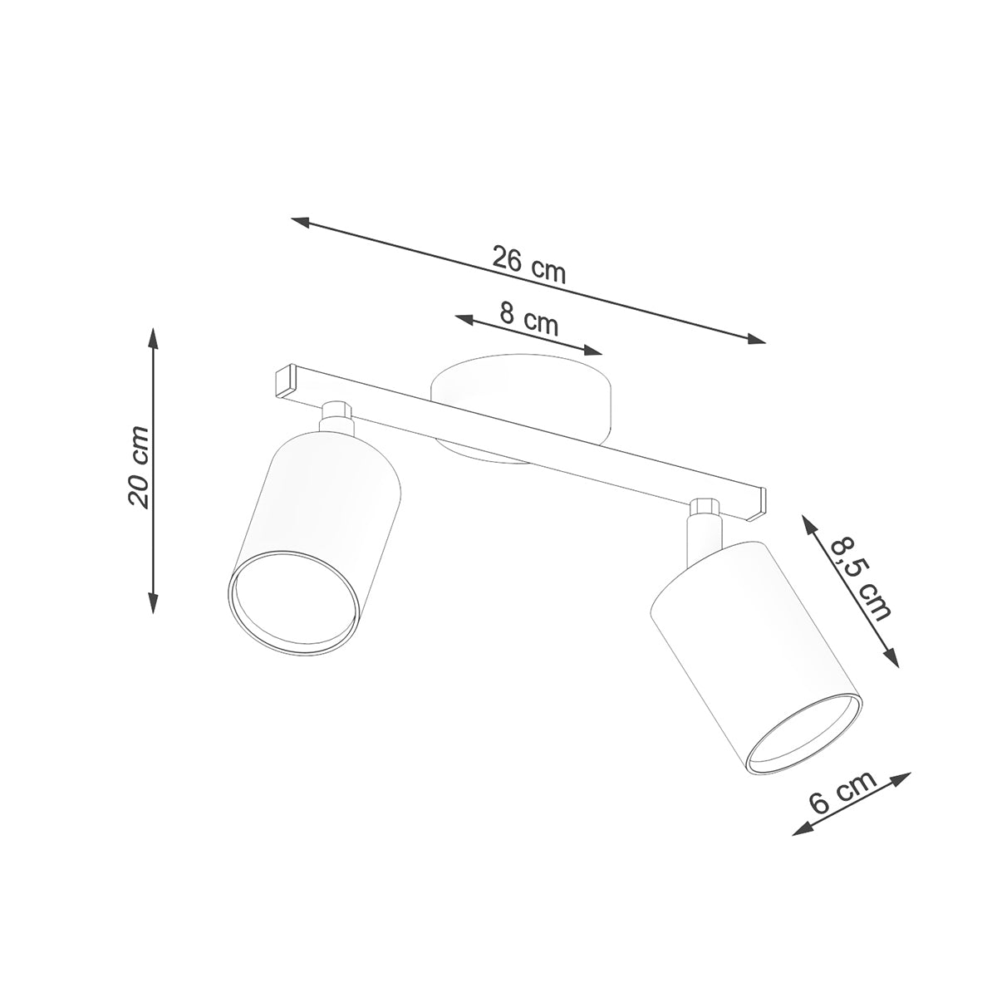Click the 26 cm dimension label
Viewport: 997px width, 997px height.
click(528, 264)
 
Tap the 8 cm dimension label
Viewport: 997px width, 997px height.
click(529, 319)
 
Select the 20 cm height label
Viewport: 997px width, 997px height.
click(138, 466)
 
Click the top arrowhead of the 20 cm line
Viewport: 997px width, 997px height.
click(153, 334)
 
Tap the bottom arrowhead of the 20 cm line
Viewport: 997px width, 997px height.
click(153, 607)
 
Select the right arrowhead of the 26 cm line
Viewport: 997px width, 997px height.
click(757, 338)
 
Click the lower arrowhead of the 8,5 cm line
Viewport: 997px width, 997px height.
click(892, 660)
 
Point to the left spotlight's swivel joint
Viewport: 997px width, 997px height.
click(336, 415)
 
